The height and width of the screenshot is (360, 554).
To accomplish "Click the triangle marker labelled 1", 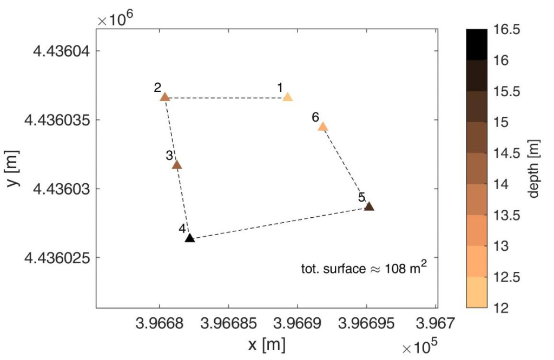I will click(x=287, y=97).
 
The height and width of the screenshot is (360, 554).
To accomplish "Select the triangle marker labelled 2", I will click(x=164, y=97).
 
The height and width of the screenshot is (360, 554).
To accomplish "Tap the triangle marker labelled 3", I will click(x=176, y=165).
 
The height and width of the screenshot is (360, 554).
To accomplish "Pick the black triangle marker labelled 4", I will click(x=189, y=238).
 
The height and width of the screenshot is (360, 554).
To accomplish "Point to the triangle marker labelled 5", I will click(x=369, y=206).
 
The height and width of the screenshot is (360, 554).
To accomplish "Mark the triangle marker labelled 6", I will click(x=322, y=126).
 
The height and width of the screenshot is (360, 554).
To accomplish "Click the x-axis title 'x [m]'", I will click(x=266, y=344).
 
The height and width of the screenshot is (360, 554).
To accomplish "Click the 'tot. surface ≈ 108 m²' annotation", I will click(x=361, y=268).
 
